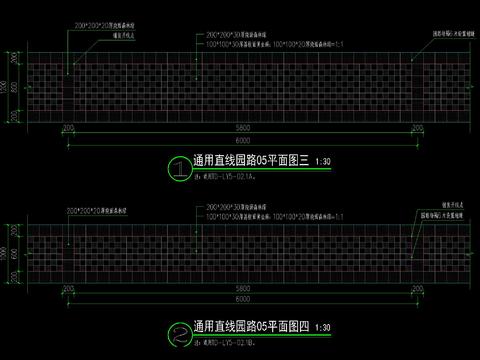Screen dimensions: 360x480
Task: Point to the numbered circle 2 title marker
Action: coord(177,327)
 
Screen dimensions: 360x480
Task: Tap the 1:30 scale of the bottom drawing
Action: coord(323,326)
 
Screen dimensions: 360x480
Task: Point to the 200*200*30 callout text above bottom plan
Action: coord(236,203)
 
